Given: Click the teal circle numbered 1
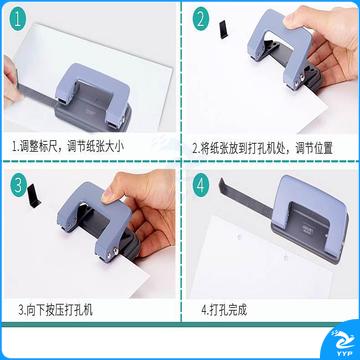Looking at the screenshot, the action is tap(17, 19).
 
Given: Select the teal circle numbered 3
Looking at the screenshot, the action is tap(18, 185).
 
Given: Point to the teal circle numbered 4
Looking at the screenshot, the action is tap(201, 185).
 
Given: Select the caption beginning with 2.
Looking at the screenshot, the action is tap(263, 148).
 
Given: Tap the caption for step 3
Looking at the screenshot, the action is tap(55, 310).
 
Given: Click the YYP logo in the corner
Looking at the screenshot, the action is tap(341, 342).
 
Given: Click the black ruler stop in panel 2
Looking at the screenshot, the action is tap(224, 29).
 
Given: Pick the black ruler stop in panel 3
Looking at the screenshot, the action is tap(34, 196).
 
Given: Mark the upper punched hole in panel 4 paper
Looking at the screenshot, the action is tap(238, 236).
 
